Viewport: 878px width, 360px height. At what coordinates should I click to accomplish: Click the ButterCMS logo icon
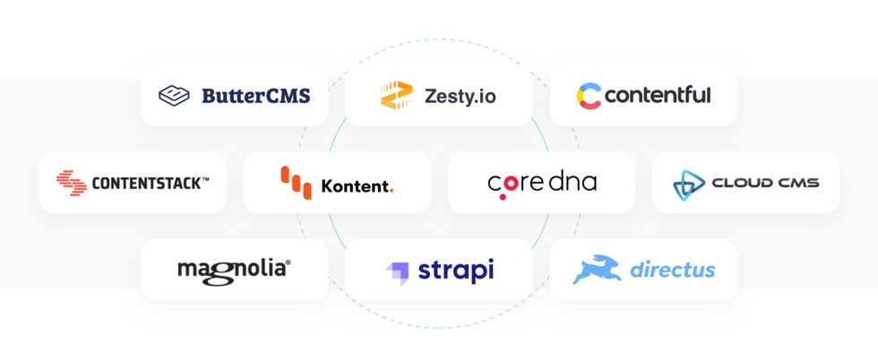(x=175, y=95)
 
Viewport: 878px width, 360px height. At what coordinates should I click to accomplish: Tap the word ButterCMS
(x=255, y=95)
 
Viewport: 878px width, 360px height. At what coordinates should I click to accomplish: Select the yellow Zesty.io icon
(x=396, y=95)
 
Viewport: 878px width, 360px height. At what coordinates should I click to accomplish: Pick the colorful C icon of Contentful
(x=589, y=96)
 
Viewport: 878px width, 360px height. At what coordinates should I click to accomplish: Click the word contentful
(x=658, y=95)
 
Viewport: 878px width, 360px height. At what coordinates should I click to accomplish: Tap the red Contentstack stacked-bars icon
(x=72, y=183)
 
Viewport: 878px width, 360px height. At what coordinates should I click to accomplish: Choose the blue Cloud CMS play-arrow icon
(x=688, y=184)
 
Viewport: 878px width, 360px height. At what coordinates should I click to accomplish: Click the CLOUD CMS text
(x=765, y=184)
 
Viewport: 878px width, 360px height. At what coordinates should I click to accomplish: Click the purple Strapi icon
(x=397, y=271)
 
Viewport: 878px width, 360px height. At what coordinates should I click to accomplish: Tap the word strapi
(x=456, y=270)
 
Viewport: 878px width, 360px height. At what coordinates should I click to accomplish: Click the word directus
(x=672, y=270)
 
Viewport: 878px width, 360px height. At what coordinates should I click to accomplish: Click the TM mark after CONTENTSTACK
(x=205, y=179)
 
